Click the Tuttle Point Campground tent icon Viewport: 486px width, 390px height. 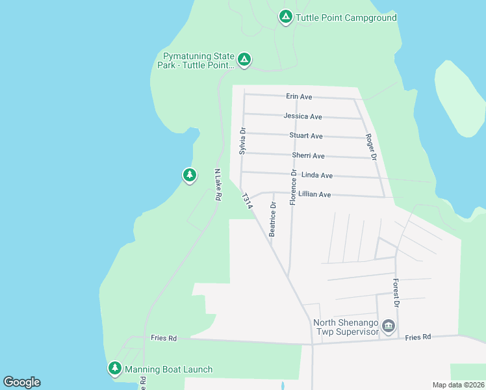pyautogui.click(x=285, y=16)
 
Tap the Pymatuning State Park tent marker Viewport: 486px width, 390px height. pyautogui.click(x=244, y=60)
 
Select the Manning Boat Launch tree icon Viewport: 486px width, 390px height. pyautogui.click(x=115, y=369)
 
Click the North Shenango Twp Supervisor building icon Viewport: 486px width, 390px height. pyautogui.click(x=389, y=326)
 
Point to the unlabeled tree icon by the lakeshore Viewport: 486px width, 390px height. pyautogui.click(x=189, y=175)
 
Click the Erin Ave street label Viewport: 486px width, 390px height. pyautogui.click(x=299, y=97)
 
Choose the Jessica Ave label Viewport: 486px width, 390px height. pyautogui.click(x=303, y=116)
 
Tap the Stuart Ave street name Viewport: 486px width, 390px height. pyautogui.click(x=306, y=136)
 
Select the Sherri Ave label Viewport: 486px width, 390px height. pyautogui.click(x=308, y=156)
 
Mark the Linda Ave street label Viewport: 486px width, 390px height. pyautogui.click(x=317, y=175)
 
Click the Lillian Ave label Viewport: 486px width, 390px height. pyautogui.click(x=314, y=194)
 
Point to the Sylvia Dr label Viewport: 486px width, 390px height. pyautogui.click(x=242, y=140)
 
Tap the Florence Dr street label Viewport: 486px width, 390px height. pyautogui.click(x=294, y=187)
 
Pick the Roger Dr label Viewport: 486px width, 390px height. pyautogui.click(x=370, y=147)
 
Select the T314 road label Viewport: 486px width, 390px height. pyautogui.click(x=246, y=201)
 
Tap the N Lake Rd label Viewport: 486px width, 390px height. pyautogui.click(x=219, y=185)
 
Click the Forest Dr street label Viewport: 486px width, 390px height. pyautogui.click(x=395, y=292)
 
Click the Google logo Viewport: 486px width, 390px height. pyautogui.click(x=21, y=382)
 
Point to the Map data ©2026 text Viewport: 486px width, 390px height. pyautogui.click(x=457, y=385)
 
